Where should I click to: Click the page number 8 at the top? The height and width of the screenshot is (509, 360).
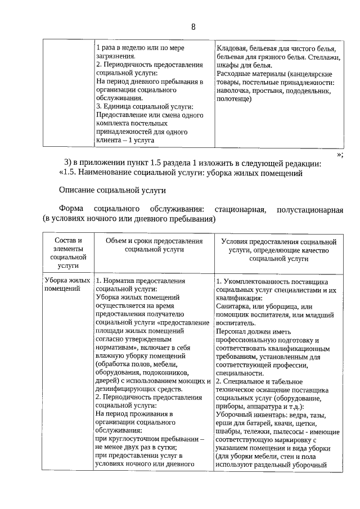[193, 27]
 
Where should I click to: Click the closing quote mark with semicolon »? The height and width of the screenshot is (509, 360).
[340, 155]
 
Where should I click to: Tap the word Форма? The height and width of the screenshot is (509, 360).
[71, 210]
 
